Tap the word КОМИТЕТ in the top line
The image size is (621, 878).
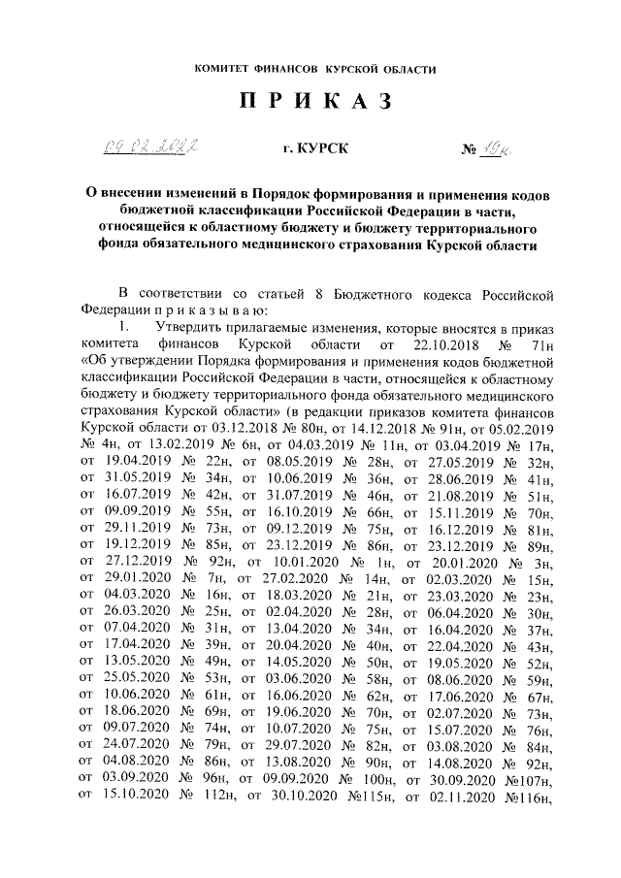point(224,69)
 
